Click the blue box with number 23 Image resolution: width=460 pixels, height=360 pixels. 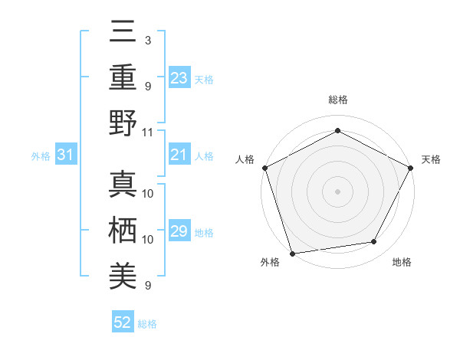[179, 77]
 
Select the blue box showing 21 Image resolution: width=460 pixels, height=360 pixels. [179, 155]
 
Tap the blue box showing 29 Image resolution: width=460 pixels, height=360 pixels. [179, 231]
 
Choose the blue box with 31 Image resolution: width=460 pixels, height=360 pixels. [66, 155]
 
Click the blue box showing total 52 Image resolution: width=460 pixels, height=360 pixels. [123, 323]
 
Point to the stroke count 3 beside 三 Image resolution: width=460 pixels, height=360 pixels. [147, 40]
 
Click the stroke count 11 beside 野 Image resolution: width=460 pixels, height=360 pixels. [148, 131]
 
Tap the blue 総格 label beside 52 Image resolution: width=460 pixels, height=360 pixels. [147, 324]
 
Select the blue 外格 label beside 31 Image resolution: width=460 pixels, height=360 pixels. [41, 156]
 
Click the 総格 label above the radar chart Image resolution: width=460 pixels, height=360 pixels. [337, 100]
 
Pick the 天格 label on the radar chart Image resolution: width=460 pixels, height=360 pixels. [431, 159]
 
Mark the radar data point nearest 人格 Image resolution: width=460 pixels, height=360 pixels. [264, 167]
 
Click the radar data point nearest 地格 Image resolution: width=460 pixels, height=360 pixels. [374, 242]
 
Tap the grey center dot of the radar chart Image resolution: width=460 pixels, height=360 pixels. [337, 191]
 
